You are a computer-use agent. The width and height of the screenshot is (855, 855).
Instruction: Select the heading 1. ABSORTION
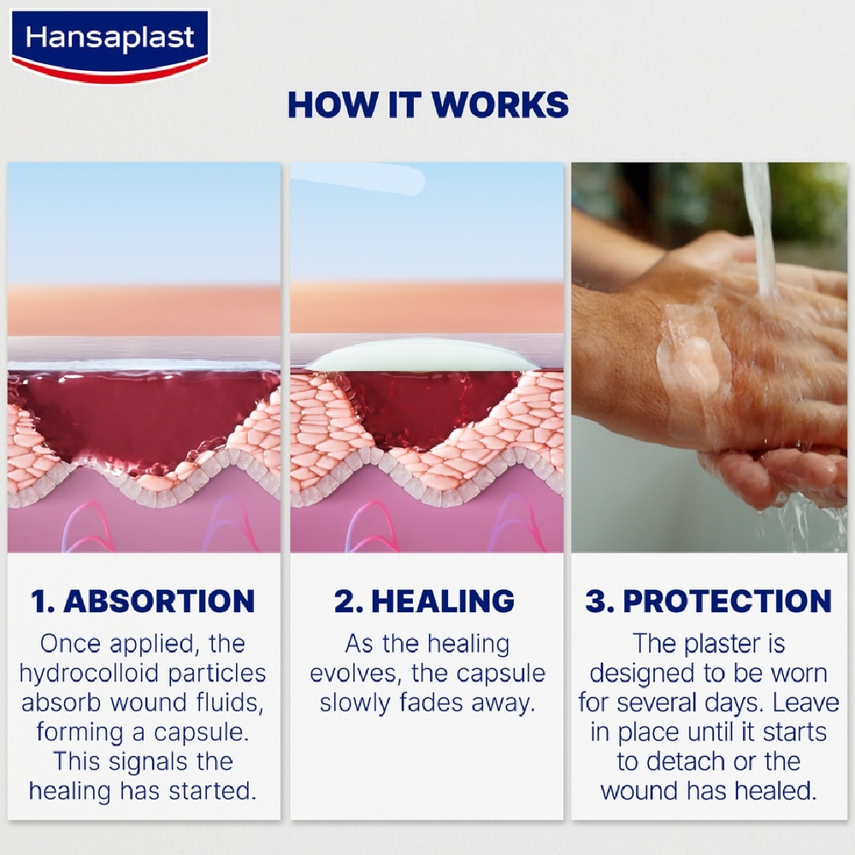pos(144,601)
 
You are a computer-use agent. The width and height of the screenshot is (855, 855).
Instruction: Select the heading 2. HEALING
pos(425,601)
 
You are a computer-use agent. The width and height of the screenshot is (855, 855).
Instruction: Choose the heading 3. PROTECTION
pos(709,601)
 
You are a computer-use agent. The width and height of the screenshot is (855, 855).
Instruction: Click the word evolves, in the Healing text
pos(356,673)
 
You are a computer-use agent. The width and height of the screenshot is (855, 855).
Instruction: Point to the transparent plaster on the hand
pos(693,359)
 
